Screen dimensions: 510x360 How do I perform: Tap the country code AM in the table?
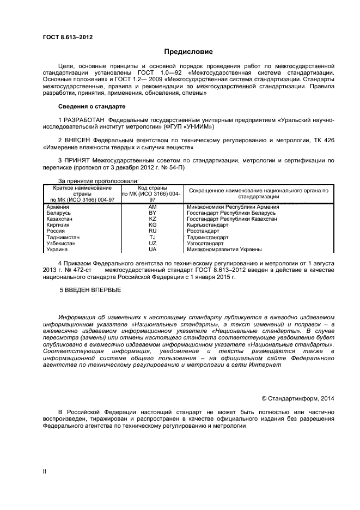tap(152, 207)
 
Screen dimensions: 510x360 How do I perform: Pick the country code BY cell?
tap(152, 212)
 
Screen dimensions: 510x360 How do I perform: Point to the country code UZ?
tap(152, 244)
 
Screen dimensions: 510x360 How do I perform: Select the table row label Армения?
tap(58, 207)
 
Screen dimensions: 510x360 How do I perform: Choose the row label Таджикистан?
tap(63, 238)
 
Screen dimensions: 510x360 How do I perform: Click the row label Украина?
tap(57, 250)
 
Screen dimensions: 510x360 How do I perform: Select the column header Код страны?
tap(152, 188)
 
